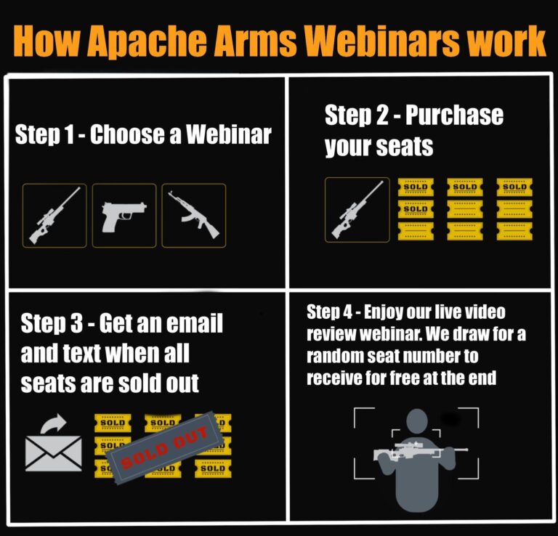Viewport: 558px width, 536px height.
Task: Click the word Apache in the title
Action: tap(147, 41)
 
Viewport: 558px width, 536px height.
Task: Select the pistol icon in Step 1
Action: tap(124, 216)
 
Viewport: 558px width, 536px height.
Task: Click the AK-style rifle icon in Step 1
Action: tap(193, 215)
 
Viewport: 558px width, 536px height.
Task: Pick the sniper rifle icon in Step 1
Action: tap(54, 216)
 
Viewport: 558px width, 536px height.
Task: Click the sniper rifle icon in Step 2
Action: tap(357, 209)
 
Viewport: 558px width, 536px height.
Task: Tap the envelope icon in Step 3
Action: tap(54, 453)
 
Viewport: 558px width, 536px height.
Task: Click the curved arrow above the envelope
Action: tap(53, 423)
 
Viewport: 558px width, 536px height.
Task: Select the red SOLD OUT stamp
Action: tap(164, 448)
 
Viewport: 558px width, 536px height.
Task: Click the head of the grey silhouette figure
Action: tap(417, 421)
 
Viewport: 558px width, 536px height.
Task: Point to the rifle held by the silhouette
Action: tap(420, 450)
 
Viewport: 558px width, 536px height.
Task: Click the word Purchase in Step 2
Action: tap(454, 115)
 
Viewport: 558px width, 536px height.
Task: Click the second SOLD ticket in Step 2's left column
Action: tap(416, 209)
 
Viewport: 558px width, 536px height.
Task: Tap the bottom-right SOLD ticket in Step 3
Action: tap(213, 468)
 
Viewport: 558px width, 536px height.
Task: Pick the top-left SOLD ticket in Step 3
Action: tap(113, 423)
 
